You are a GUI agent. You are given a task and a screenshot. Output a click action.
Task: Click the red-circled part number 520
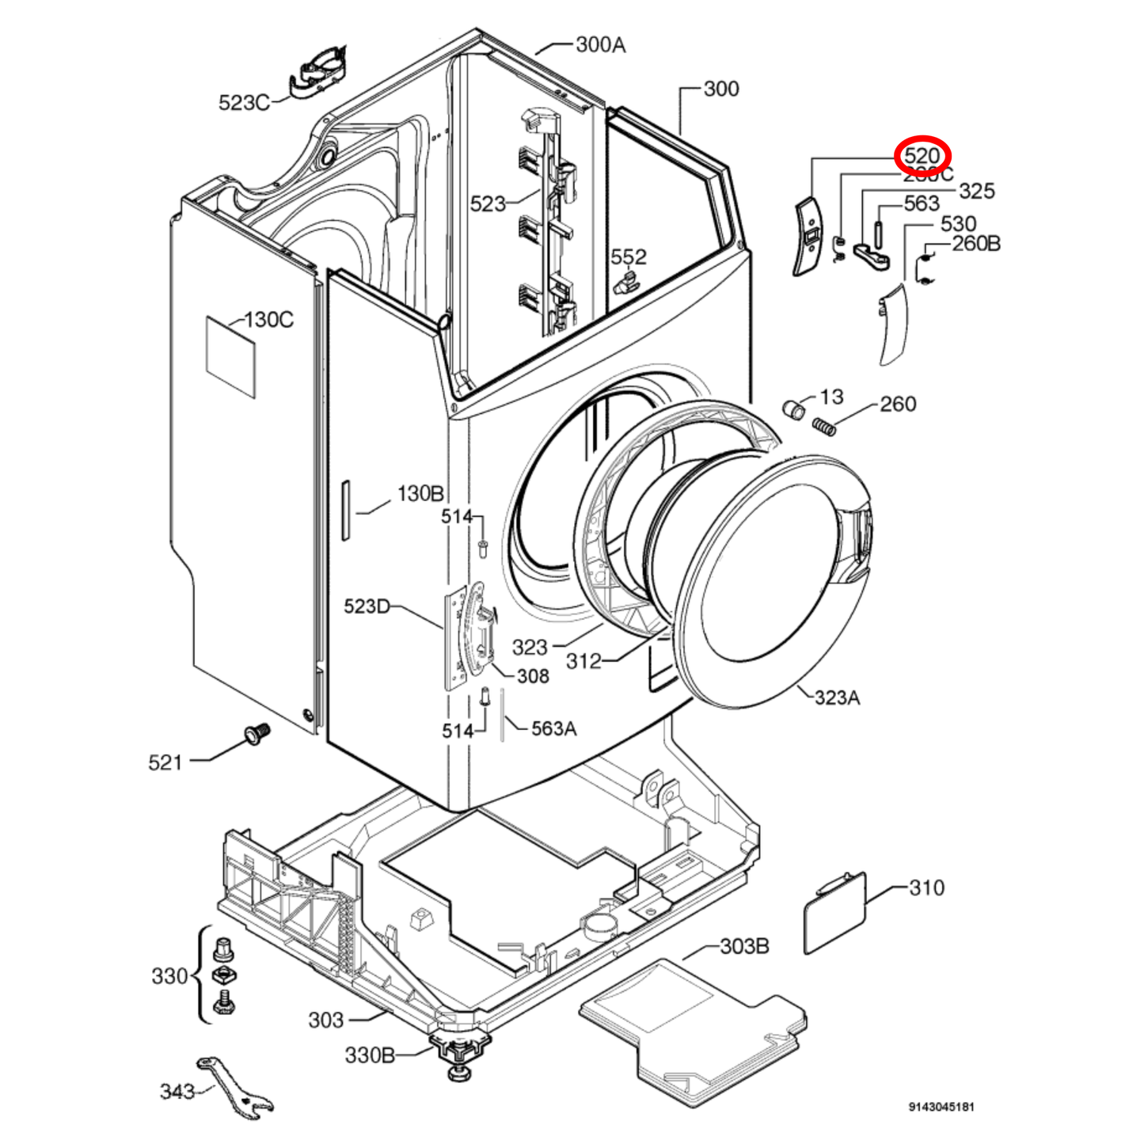(x=922, y=156)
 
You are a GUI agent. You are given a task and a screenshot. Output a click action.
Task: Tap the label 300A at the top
(x=600, y=45)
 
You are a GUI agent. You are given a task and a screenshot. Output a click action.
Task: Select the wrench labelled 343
(x=237, y=1088)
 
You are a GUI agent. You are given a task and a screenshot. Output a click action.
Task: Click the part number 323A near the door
(x=837, y=697)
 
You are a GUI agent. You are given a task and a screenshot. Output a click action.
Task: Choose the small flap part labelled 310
(x=835, y=912)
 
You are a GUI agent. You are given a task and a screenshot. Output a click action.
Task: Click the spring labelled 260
(x=825, y=427)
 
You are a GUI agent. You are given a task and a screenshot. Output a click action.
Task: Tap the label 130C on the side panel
(x=269, y=320)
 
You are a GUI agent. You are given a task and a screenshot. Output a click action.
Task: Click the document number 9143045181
(x=941, y=1107)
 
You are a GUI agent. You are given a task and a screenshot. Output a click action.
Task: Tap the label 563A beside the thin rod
(x=553, y=728)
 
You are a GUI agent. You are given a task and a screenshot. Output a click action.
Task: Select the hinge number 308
(x=533, y=675)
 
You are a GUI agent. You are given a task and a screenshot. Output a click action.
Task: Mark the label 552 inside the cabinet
(x=628, y=257)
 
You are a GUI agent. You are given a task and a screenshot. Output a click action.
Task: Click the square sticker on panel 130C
(x=231, y=356)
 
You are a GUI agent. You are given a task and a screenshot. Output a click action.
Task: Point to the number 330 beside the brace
(x=169, y=975)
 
